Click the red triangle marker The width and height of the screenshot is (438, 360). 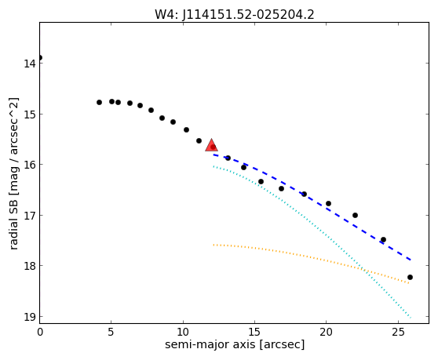[x=211, y=145]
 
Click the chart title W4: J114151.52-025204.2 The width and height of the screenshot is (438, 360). [x=235, y=15]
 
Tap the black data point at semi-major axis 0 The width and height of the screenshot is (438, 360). [x=40, y=58]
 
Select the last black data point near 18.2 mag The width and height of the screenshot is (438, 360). [x=410, y=277]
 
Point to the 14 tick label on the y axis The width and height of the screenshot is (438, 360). [x=29, y=64]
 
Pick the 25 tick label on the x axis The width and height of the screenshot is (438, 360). [x=398, y=332]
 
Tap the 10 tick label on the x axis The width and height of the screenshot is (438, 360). [x=183, y=332]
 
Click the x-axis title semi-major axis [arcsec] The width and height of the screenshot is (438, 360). [x=235, y=344]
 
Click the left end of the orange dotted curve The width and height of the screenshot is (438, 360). [x=214, y=245]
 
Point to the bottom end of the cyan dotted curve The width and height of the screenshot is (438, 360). [x=411, y=318]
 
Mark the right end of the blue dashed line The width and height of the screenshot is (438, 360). [x=411, y=260]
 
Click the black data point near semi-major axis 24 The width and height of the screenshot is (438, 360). [x=383, y=239]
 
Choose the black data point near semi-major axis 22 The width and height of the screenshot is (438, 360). [x=355, y=215]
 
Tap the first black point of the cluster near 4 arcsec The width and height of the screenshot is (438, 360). [x=99, y=103]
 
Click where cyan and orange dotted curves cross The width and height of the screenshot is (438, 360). [x=363, y=269]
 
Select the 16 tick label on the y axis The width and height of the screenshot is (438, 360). [x=29, y=165]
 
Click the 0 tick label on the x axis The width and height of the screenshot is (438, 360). [x=40, y=332]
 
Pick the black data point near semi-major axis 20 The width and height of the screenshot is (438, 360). [x=328, y=203]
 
